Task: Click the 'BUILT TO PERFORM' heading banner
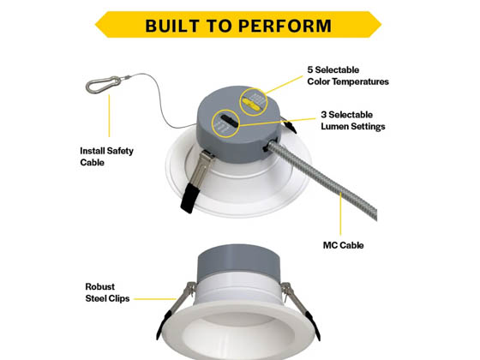point(237,24)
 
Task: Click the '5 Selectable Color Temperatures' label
point(347,75)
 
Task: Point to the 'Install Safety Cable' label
point(106,156)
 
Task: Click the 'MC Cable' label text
point(344,245)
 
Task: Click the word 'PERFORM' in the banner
point(285,24)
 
